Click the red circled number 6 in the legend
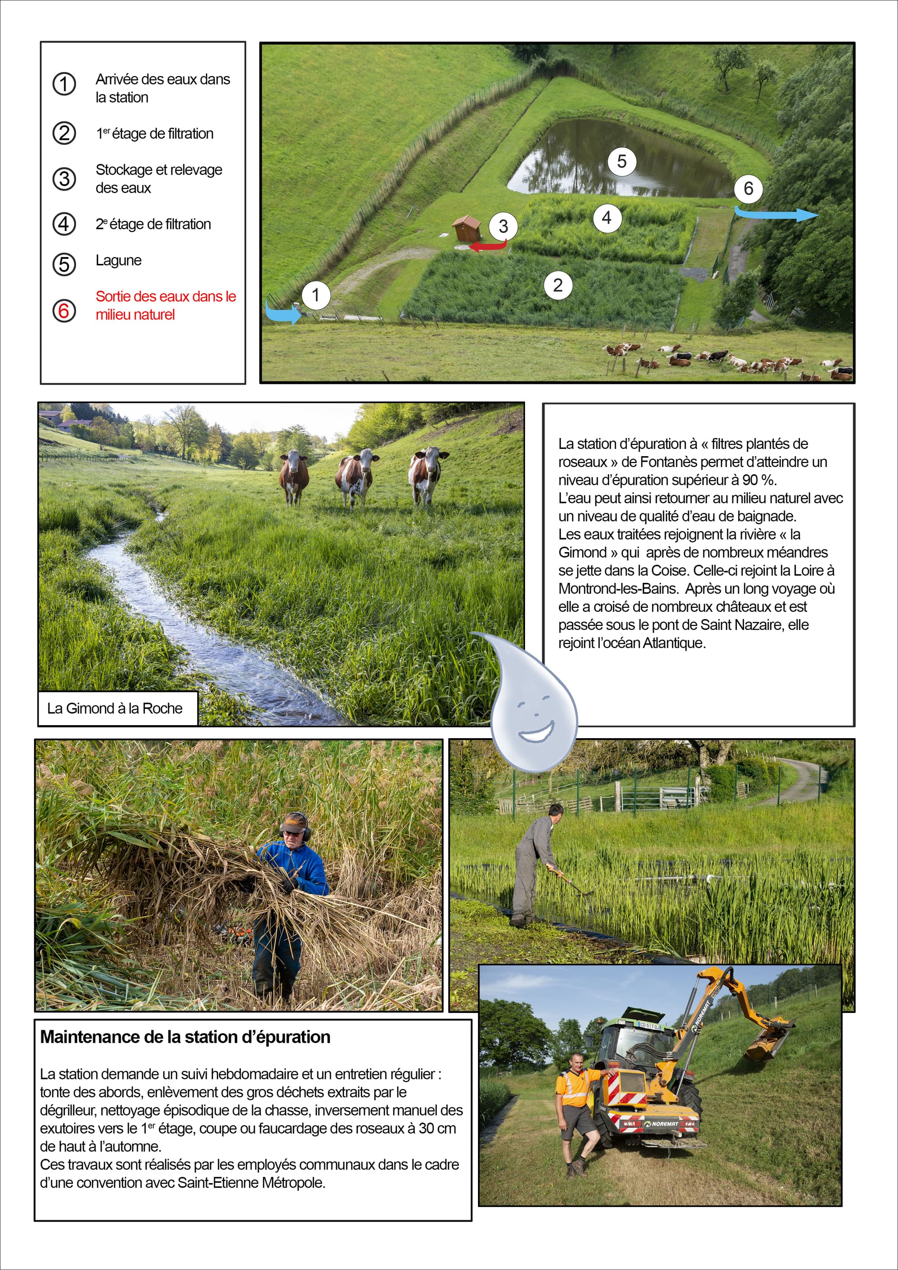pos(64,310)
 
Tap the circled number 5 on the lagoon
pos(621,161)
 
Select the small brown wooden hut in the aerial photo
pos(467,228)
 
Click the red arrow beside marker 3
pos(487,246)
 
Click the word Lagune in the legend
pos(119,261)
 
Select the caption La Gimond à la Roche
pos(115,709)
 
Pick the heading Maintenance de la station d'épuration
pos(186,1036)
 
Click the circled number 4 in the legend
pos(64,224)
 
